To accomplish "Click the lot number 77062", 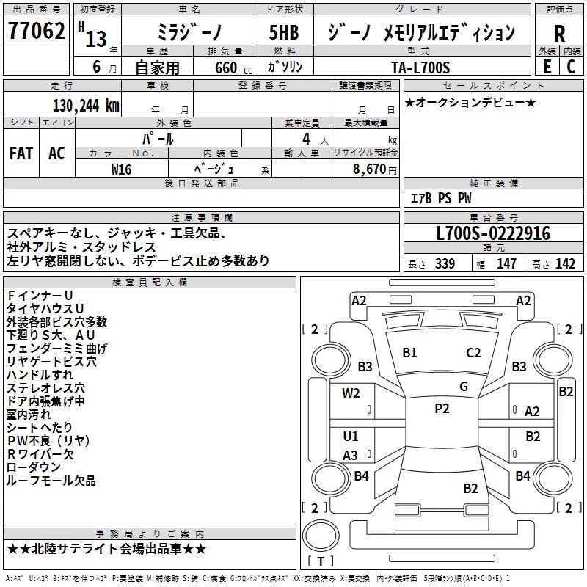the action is point(36,31).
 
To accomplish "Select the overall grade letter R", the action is point(559,33).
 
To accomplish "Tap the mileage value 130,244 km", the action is point(86,106).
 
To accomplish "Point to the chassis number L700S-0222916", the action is point(493,233).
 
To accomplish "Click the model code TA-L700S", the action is point(420,68).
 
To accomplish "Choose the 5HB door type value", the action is point(284,32).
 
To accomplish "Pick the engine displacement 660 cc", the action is point(233,68).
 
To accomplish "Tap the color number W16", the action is point(121,169).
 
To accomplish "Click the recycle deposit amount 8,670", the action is point(370,169).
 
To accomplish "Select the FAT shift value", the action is point(21,153).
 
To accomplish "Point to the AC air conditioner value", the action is point(57,153).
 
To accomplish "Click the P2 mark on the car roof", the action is point(442,409).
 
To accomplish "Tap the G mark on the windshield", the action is point(464,386).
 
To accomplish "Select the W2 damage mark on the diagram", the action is point(351,393).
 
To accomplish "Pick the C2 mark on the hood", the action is point(473,353).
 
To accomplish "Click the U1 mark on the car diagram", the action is point(351,436).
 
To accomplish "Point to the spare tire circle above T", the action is point(321,535).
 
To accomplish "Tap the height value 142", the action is point(565,263).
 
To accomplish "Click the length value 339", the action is point(445,263).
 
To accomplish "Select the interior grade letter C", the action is point(571,67).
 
